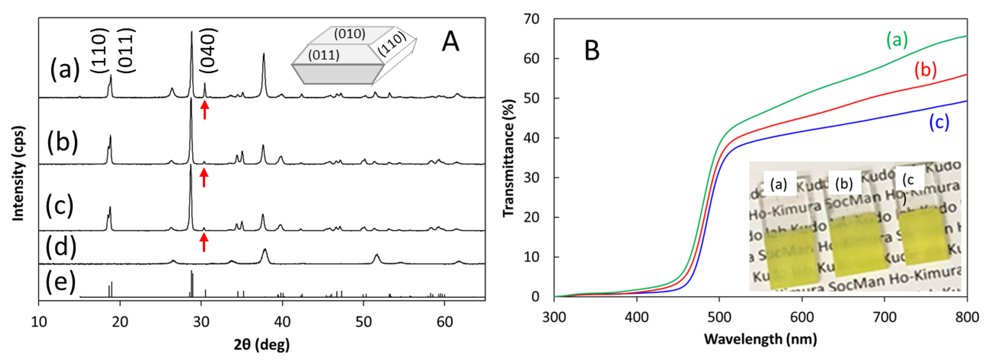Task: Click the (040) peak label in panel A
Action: pyautogui.click(x=209, y=51)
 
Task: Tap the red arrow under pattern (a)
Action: pyautogui.click(x=205, y=110)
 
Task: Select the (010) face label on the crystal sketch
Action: pyautogui.click(x=350, y=34)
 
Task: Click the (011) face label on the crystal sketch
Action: pyautogui.click(x=324, y=55)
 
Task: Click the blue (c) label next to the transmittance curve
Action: pyautogui.click(x=939, y=122)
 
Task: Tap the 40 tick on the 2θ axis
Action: pyautogui.click(x=282, y=322)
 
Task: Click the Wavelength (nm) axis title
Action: pyautogui.click(x=761, y=339)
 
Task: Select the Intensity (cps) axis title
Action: pyautogui.click(x=18, y=174)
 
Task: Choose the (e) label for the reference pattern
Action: pyautogui.click(x=60, y=282)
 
